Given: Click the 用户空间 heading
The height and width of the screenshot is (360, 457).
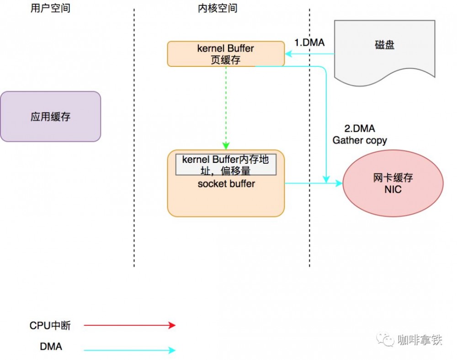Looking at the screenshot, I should pyautogui.click(x=50, y=8).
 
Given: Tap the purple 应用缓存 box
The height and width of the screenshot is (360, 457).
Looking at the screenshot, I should pyautogui.click(x=50, y=117).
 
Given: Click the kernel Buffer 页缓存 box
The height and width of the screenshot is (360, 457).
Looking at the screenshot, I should pyautogui.click(x=226, y=54).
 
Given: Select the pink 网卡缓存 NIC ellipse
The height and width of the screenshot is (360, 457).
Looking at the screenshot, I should pyautogui.click(x=393, y=183).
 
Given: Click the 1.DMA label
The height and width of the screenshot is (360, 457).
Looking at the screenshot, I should pyautogui.click(x=309, y=43).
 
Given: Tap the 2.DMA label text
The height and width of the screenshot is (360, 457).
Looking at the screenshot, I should pyautogui.click(x=359, y=129).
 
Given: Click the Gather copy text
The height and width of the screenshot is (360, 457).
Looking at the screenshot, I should pyautogui.click(x=360, y=140).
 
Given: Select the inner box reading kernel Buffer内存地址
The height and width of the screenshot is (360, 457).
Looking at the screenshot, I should pyautogui.click(x=226, y=165).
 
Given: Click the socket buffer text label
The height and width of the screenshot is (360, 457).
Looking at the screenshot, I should pyautogui.click(x=226, y=184).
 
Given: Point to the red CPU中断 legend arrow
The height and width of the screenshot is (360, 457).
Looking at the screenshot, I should pyautogui.click(x=130, y=325).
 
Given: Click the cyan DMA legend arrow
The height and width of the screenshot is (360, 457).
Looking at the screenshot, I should pyautogui.click(x=130, y=350).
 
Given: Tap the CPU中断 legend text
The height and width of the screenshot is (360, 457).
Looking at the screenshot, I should pyautogui.click(x=50, y=326).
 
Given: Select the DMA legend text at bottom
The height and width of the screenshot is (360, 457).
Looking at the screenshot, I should pyautogui.click(x=51, y=347).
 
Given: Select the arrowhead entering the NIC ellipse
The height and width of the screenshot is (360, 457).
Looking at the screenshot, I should pyautogui.click(x=339, y=183).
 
